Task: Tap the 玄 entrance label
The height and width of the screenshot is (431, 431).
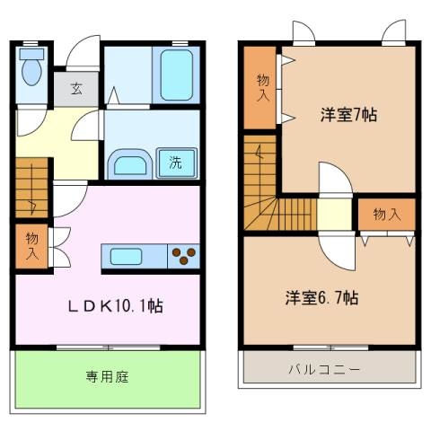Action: (76, 88)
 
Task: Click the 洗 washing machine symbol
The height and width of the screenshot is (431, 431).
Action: (176, 163)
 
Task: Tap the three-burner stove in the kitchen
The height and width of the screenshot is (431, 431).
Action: (184, 256)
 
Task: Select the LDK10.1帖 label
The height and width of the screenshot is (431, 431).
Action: (117, 305)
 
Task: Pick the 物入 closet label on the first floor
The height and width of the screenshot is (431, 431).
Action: (31, 246)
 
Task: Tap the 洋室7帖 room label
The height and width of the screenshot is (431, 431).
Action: (348, 116)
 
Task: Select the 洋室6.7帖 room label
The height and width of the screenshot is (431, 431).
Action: (323, 297)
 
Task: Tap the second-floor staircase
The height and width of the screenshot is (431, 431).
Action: (269, 193)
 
